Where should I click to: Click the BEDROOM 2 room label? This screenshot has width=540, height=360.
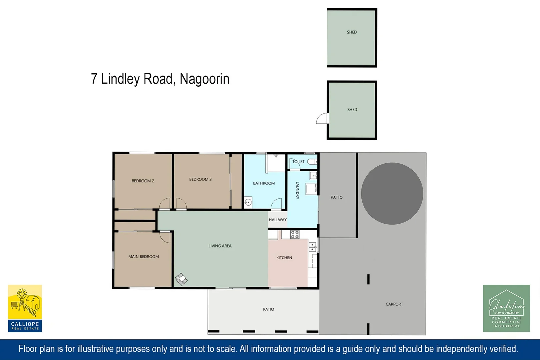point(143,181)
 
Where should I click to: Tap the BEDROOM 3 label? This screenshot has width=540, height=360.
point(200,179)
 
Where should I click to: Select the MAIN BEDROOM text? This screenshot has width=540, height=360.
point(143,257)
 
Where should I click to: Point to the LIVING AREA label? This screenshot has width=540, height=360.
point(220,246)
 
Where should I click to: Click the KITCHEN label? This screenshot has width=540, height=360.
point(284,258)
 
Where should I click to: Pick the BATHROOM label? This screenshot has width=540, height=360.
point(264,183)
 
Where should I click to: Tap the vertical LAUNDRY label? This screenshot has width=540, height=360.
point(297,190)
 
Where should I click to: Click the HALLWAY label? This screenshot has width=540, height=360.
point(277,220)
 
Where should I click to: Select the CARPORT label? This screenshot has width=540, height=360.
point(394,304)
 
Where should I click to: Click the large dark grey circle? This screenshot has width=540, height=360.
point(392,193)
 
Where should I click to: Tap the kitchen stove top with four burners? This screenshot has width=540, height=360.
point(295,234)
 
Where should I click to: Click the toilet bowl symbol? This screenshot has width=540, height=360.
point(312,162)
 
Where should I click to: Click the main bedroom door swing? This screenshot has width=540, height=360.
point(165,237)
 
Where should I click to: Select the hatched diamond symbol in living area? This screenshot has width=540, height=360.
point(181,279)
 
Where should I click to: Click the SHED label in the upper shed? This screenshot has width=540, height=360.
point(352,32)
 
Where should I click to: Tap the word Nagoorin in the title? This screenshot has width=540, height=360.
point(204,79)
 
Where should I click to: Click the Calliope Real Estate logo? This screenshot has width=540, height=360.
point(25,308)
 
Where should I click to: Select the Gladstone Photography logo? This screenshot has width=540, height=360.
point(506,308)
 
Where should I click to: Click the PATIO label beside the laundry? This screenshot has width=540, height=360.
point(336,197)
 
